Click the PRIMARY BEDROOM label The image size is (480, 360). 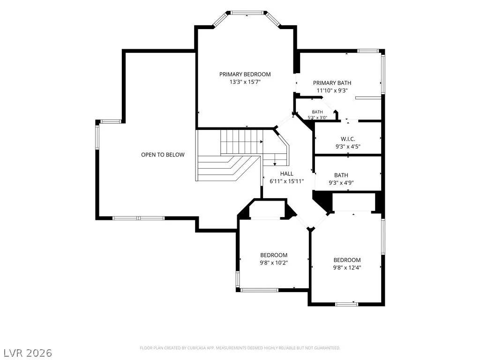tap(245, 74)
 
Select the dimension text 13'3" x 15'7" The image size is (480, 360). tap(245, 82)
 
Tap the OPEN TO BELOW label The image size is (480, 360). tap(163, 155)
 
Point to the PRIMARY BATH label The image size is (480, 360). tap(332, 82)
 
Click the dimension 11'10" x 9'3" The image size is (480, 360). tap(332, 90)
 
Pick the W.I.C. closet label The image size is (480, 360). tap(348, 139)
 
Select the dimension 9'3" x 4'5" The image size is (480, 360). tap(348, 146)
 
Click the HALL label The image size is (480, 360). tap(286, 173)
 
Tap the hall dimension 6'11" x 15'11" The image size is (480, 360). tap(286, 181)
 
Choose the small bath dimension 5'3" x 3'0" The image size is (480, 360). tap(317, 117)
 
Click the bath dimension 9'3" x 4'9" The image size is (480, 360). tap(341, 183)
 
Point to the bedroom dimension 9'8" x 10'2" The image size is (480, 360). tap(274, 262)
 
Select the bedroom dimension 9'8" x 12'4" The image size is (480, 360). tap(347, 268)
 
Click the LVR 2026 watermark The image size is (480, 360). tap(26, 352)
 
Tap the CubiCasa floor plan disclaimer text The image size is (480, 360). tap(240, 348)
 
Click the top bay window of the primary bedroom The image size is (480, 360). tap(247, 13)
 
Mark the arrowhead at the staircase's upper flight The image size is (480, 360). tap(262, 142)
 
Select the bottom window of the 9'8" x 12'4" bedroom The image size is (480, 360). tap(346, 304)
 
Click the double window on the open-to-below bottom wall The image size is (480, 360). tap(139, 218)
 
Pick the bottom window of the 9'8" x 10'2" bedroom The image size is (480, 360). tap(259, 290)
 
